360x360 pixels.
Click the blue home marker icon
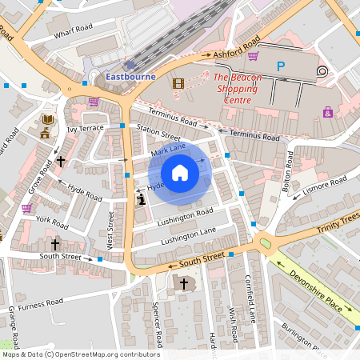point(180,173)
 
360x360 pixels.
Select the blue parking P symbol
point(280,66)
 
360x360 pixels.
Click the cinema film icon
point(178,82)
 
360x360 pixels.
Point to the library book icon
point(47,120)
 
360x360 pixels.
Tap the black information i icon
point(142,199)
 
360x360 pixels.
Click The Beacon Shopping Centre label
point(234,89)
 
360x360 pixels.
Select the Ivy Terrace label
point(86,128)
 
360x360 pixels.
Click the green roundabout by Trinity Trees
point(265,242)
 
